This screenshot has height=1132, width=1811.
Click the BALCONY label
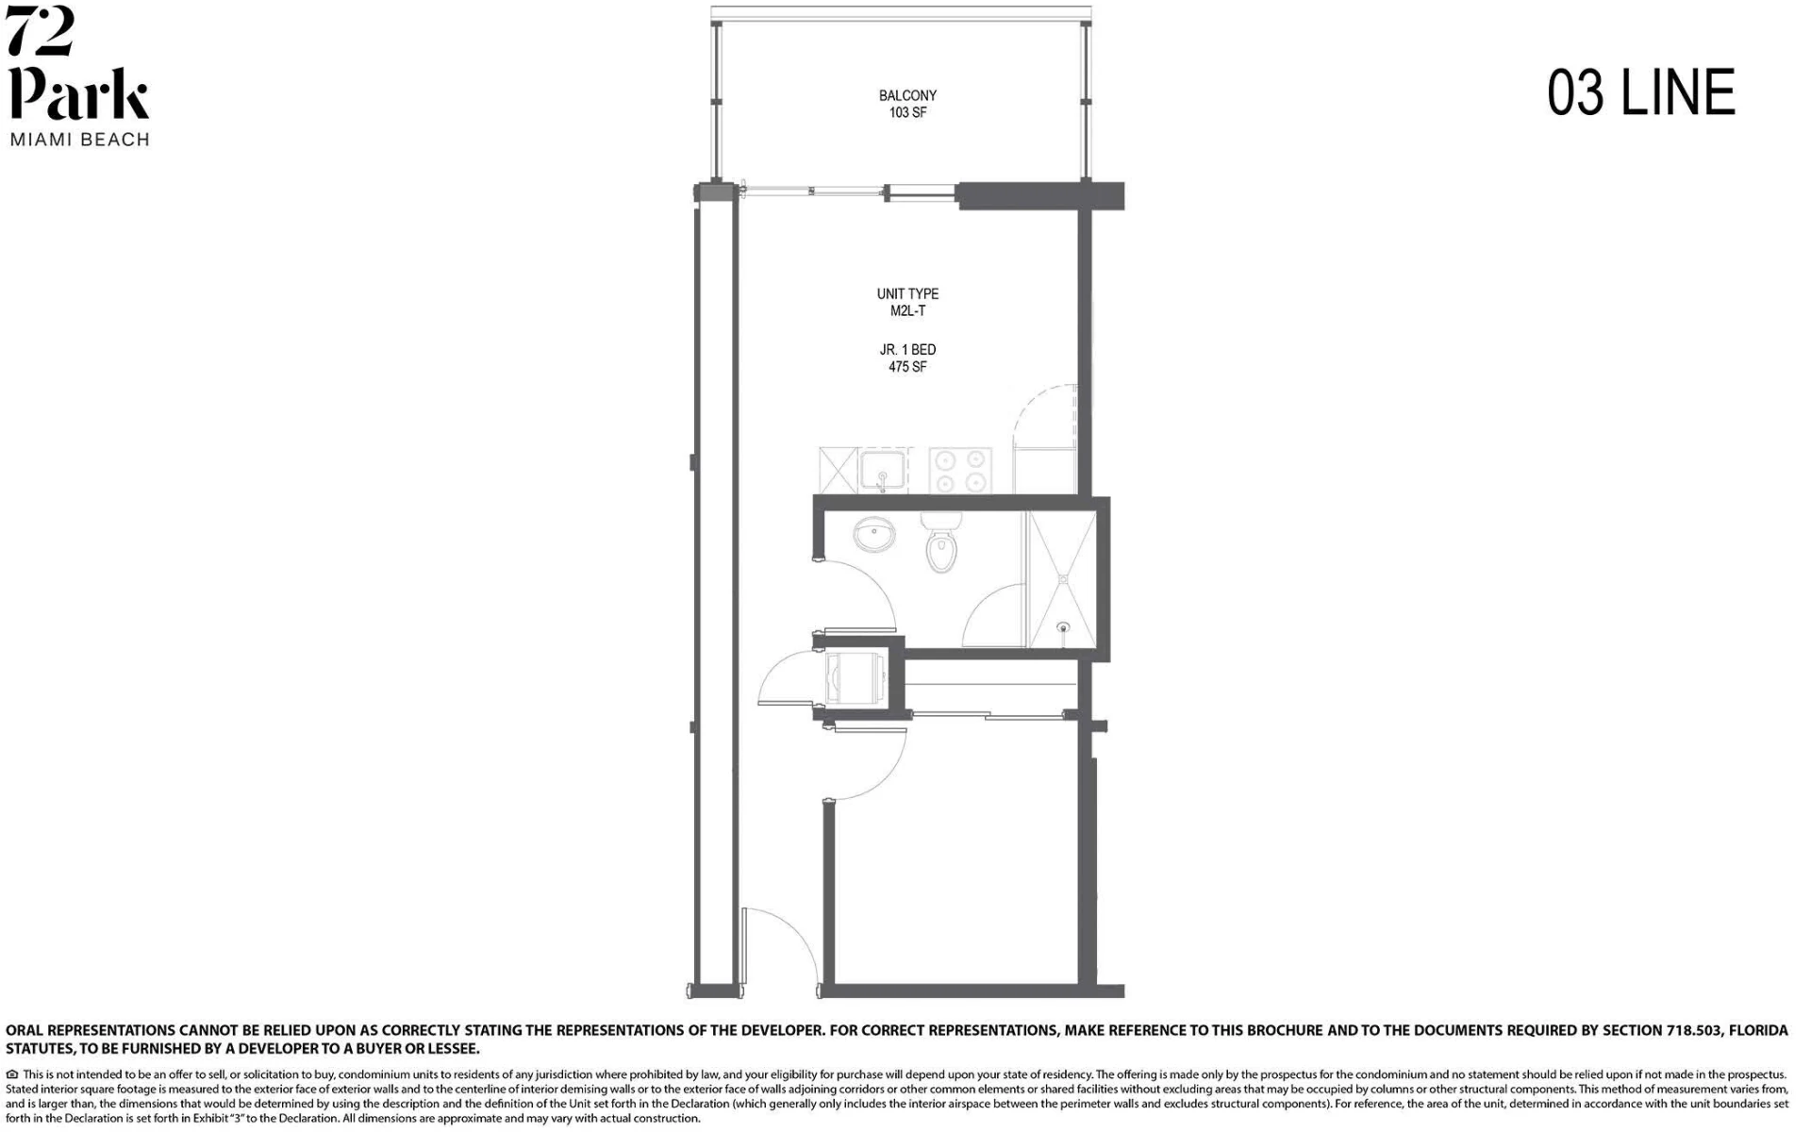click(x=907, y=95)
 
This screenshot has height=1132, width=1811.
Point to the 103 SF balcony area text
click(x=907, y=112)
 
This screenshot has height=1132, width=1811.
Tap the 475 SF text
click(x=907, y=367)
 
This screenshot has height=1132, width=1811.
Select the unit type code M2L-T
click(x=907, y=311)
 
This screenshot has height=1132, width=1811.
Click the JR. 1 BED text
click(x=907, y=350)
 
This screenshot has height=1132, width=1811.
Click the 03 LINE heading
click(x=1641, y=92)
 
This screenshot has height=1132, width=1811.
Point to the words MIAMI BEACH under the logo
click(x=80, y=140)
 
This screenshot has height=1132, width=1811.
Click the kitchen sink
click(x=883, y=471)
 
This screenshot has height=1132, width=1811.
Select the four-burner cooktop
click(x=960, y=470)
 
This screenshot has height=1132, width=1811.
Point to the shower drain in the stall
click(x=1063, y=626)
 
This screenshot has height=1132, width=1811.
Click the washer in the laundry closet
click(x=854, y=678)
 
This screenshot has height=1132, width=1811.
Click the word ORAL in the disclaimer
click(x=25, y=1030)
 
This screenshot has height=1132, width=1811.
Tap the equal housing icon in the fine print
click(x=12, y=1074)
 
